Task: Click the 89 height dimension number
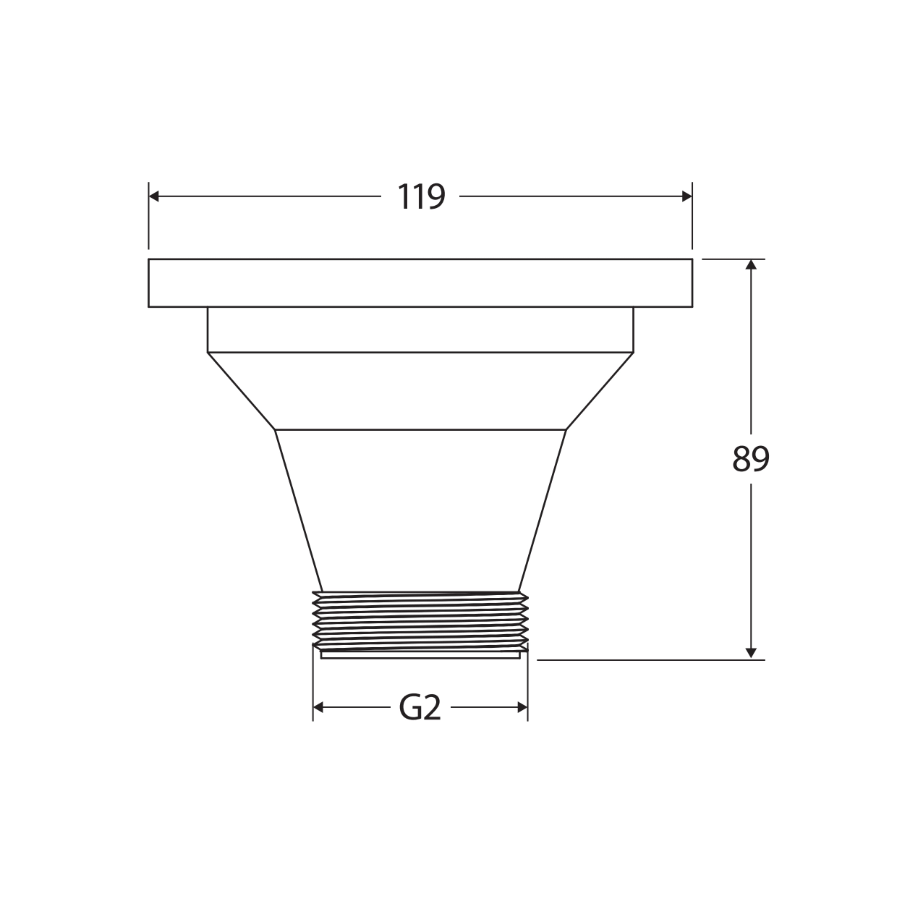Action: [751, 459]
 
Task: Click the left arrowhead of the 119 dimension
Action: [154, 196]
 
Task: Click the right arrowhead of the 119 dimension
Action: [687, 196]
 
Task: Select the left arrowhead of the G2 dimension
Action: [318, 708]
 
